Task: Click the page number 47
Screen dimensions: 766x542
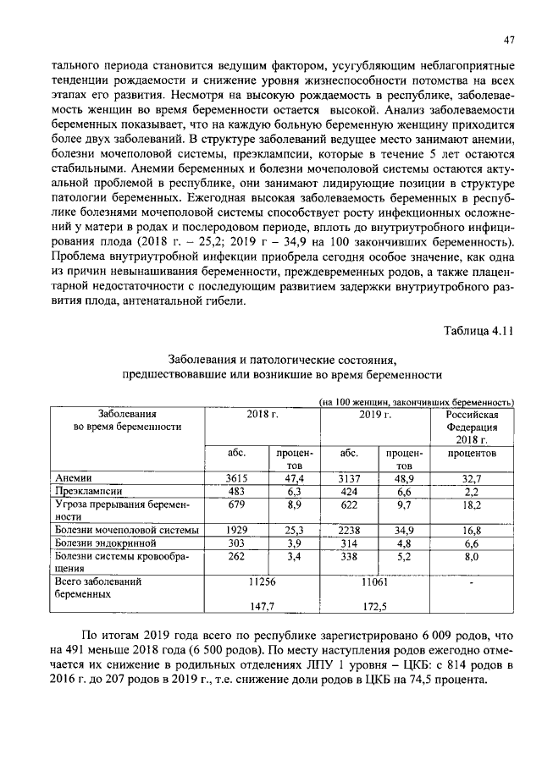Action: tap(510, 40)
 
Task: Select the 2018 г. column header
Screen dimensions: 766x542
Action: tap(263, 414)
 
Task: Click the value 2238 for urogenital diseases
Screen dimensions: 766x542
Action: tap(349, 530)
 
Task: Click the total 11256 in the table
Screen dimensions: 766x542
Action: tap(263, 582)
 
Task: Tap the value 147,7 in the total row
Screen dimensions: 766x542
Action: tap(263, 607)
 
